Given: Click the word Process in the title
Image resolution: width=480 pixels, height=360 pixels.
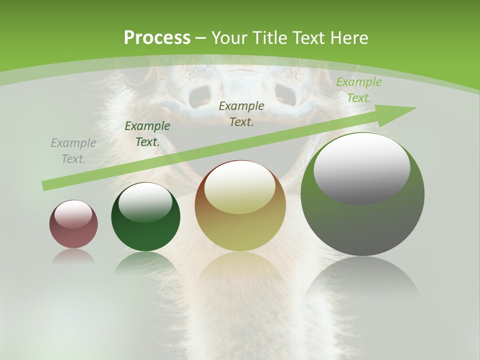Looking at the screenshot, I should click(x=157, y=38).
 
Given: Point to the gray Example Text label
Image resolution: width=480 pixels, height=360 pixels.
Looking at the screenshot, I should click(x=73, y=150).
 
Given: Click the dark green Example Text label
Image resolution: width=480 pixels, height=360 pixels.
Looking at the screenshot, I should click(x=147, y=133).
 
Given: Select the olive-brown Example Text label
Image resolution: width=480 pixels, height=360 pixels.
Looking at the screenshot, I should click(x=241, y=113).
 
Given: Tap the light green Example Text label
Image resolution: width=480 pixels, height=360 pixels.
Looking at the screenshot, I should click(x=359, y=89).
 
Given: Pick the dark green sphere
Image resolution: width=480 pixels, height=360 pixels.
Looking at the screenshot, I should click(x=145, y=230).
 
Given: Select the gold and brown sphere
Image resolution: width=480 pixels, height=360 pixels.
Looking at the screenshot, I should click(x=240, y=225).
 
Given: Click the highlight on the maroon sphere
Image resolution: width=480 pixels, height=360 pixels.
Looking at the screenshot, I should click(x=73, y=213).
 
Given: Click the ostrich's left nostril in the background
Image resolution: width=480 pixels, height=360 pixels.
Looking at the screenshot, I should click(x=201, y=95).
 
